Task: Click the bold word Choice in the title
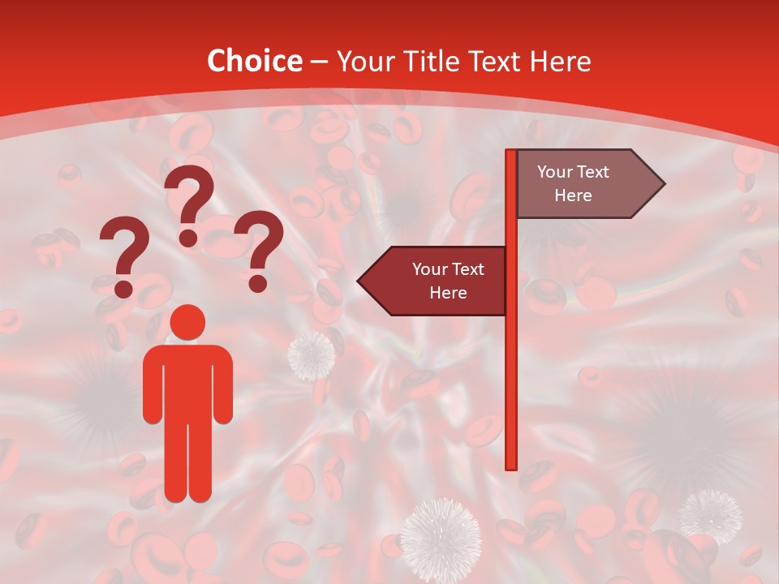[254, 62]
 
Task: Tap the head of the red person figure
[188, 322]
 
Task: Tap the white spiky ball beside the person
[312, 354]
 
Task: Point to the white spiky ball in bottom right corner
[711, 515]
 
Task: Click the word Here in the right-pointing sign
[573, 195]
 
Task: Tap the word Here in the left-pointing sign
[448, 293]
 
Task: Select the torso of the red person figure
[188, 381]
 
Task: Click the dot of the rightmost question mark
[258, 284]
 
